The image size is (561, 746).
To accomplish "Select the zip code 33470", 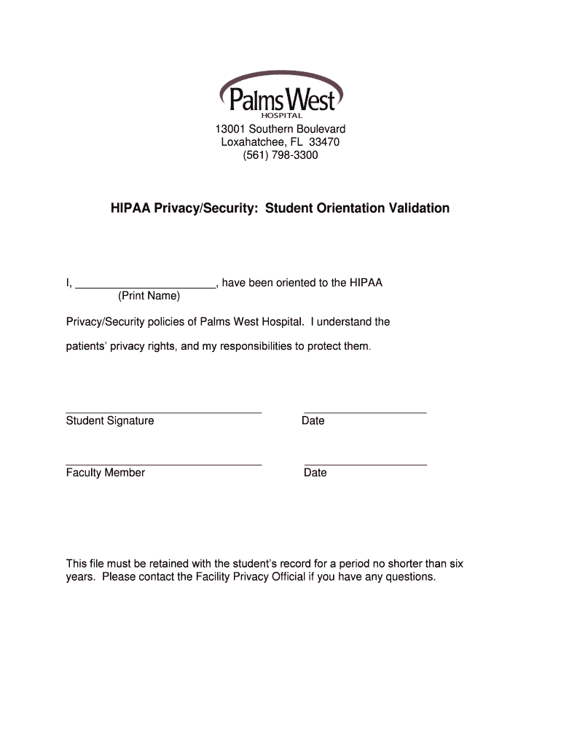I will pyautogui.click(x=324, y=142).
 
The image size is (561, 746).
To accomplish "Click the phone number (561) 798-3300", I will pyautogui.click(x=280, y=155).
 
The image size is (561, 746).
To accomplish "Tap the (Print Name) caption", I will pyautogui.click(x=149, y=297).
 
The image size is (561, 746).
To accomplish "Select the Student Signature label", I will pyautogui.click(x=110, y=420).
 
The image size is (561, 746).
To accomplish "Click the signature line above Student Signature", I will pyautogui.click(x=164, y=412).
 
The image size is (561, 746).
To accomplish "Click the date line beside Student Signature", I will pyautogui.click(x=365, y=412).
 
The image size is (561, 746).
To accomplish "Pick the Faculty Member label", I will pyautogui.click(x=106, y=473).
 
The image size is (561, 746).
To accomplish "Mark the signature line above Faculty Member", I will pyautogui.click(x=164, y=464).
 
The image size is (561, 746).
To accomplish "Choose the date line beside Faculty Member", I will pyautogui.click(x=365, y=464).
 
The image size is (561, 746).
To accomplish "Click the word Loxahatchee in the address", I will pyautogui.click(x=252, y=142).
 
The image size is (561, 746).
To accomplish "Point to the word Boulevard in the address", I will pyautogui.click(x=318, y=129).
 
